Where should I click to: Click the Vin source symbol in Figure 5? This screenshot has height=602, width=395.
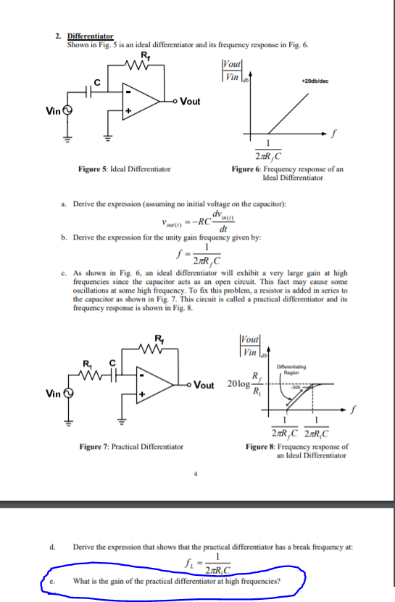click(x=69, y=111)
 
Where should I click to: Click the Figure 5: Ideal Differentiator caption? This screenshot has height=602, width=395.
click(x=125, y=169)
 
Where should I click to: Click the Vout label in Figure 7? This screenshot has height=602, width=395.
click(x=208, y=384)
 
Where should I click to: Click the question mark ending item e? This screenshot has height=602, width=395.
click(x=280, y=581)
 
